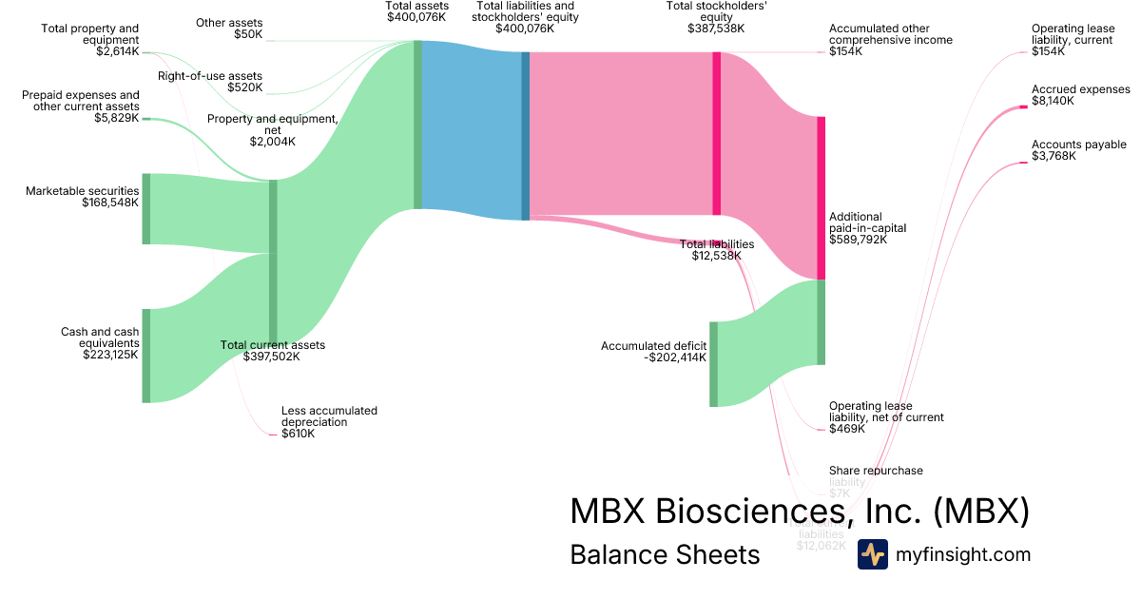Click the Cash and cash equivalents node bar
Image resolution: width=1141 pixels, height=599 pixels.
click(146, 355)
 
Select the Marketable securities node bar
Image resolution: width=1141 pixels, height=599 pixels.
click(146, 208)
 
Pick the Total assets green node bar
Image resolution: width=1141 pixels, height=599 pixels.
click(417, 124)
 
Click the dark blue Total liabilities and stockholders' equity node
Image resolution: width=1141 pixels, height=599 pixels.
click(525, 136)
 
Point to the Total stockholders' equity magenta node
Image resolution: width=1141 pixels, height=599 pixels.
click(716, 133)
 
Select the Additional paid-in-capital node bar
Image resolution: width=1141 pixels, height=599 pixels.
click(821, 198)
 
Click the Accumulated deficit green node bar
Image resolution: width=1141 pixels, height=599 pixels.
click(713, 364)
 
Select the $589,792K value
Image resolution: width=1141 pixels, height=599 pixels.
click(858, 240)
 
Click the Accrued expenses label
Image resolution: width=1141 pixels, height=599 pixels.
click(1080, 89)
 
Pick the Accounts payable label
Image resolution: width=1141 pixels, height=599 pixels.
click(1078, 145)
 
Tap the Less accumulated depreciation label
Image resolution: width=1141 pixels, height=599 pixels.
click(329, 416)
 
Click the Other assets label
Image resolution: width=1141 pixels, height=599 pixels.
click(229, 22)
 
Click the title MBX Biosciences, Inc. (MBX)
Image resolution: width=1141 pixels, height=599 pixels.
click(799, 511)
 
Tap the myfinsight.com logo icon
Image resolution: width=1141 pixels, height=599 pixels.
click(872, 554)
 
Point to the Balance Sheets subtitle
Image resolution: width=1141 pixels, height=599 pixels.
click(665, 554)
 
